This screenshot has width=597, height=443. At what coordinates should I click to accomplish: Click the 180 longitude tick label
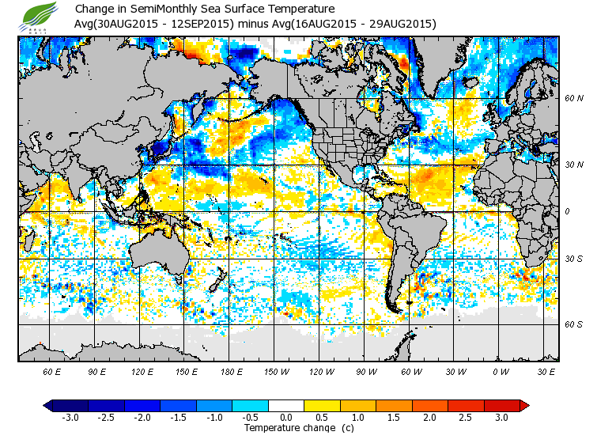(231, 371)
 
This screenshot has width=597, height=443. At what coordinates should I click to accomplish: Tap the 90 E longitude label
(96, 371)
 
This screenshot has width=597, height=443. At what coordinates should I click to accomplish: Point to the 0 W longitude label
(501, 371)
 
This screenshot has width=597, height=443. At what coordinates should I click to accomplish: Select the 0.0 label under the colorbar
(286, 417)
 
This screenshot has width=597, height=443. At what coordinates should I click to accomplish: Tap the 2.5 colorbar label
(467, 417)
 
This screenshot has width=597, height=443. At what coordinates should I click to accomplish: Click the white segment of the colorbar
(286, 406)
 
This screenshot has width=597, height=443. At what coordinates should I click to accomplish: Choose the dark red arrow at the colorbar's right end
(523, 406)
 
